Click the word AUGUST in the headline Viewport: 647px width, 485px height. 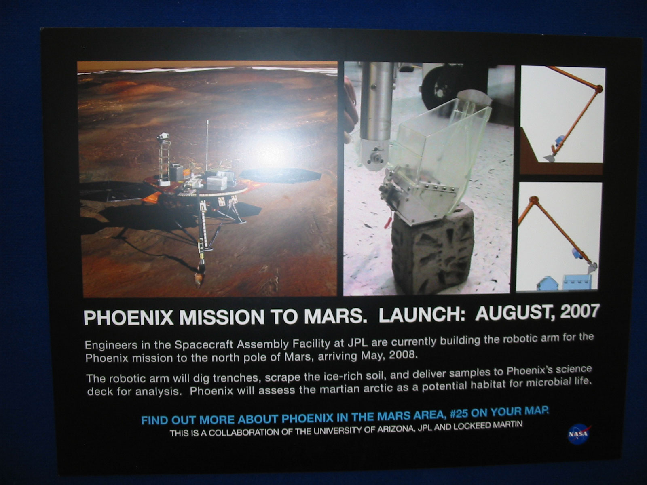515,313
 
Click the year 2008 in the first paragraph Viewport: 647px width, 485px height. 403,354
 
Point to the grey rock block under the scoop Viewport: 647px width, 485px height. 432,249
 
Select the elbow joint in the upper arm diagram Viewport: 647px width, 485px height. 598,89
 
